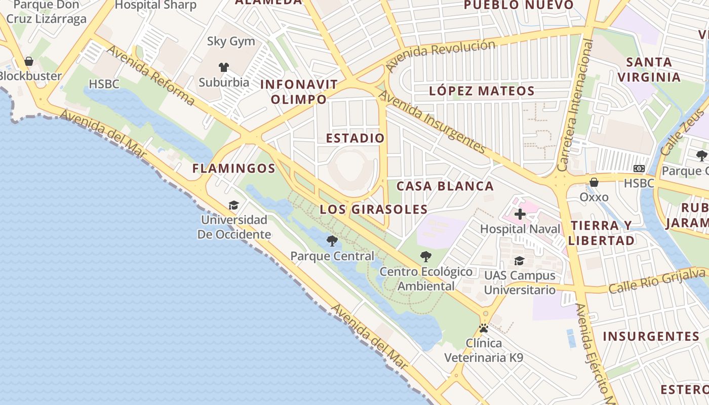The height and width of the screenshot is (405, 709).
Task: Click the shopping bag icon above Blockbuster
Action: pyautogui.click(x=29, y=61)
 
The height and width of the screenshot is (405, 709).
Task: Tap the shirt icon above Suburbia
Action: pyautogui.click(x=224, y=67)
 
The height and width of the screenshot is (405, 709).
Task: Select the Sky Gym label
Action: pyautogui.click(x=231, y=42)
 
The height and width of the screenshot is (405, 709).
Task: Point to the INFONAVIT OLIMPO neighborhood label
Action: pyautogui.click(x=299, y=92)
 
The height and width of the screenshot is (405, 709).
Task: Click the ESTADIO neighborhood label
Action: pyautogui.click(x=355, y=138)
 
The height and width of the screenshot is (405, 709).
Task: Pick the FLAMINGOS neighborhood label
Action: pyautogui.click(x=233, y=169)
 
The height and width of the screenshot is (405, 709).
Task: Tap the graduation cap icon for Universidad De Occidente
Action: pyautogui.click(x=233, y=205)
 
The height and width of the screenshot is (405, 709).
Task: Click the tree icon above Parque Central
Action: pyautogui.click(x=332, y=241)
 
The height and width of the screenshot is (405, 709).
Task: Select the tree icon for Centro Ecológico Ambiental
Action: pyautogui.click(x=426, y=257)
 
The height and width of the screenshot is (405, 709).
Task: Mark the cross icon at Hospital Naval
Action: pyautogui.click(x=520, y=214)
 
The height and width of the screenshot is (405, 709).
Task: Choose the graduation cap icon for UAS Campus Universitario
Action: pyautogui.click(x=520, y=261)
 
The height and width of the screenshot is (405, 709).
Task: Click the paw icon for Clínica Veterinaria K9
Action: pyautogui.click(x=484, y=328)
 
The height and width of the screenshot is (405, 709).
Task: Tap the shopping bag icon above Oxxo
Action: pyautogui.click(x=594, y=182)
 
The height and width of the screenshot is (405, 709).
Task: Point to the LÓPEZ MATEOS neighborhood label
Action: pyautogui.click(x=482, y=91)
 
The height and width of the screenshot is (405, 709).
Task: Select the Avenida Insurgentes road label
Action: pyautogui.click(x=432, y=121)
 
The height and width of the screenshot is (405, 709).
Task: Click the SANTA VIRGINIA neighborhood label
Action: pyautogui.click(x=649, y=70)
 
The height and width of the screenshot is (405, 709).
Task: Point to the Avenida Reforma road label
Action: pyautogui.click(x=150, y=76)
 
